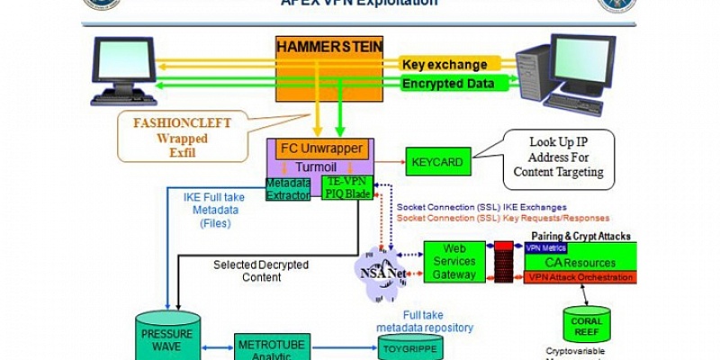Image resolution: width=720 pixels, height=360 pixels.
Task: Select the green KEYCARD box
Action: (436, 162)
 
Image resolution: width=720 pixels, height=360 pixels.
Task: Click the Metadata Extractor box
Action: (287, 188)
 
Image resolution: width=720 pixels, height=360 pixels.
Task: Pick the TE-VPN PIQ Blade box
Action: (340, 188)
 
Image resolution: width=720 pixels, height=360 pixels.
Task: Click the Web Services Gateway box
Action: (454, 261)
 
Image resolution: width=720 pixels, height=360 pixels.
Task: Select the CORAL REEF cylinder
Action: (587, 321)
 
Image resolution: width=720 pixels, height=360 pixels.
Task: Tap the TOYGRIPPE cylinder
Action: (409, 346)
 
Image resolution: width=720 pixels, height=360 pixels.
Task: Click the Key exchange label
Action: (445, 65)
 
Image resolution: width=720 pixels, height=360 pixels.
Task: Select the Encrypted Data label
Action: (448, 84)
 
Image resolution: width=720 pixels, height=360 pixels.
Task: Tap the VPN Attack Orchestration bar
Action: (580, 277)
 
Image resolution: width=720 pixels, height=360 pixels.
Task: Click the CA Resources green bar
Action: (580, 263)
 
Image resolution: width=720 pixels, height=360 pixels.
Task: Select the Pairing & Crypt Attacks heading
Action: (580, 236)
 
